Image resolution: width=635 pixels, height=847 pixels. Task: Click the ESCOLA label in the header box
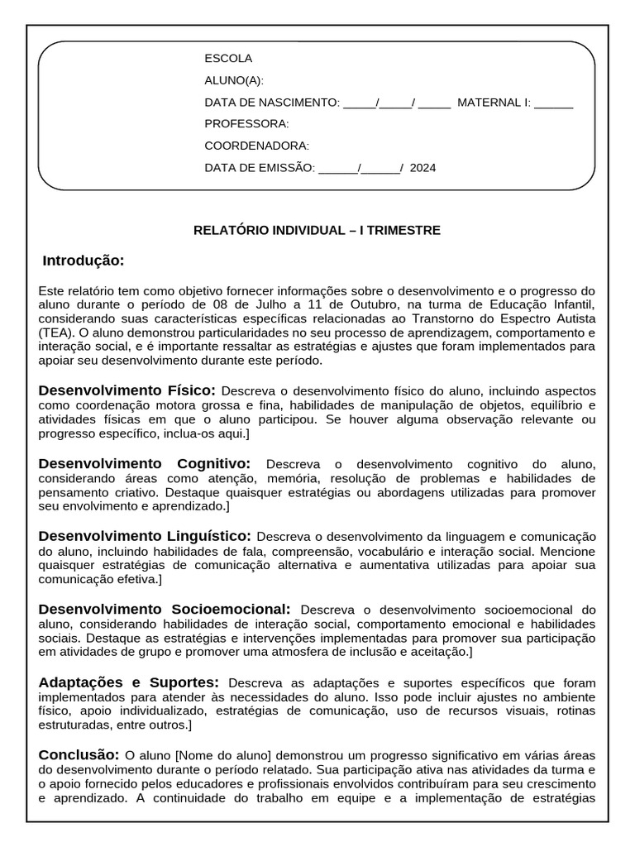[228, 59]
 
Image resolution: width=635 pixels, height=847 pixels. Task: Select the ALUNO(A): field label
[234, 80]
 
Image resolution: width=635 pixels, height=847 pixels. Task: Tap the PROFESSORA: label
[246, 124]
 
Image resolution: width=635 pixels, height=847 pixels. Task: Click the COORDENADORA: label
[256, 146]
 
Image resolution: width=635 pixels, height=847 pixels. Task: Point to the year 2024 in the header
[423, 167]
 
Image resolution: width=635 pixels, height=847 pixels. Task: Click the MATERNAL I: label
[494, 103]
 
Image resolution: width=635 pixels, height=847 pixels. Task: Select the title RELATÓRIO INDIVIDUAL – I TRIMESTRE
[317, 230]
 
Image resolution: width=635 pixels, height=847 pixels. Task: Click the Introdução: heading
[84, 261]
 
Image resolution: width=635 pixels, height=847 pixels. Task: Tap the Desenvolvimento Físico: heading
[127, 390]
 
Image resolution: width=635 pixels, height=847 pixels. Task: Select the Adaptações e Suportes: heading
[128, 682]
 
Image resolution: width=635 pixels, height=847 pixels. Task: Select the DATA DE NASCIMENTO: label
[271, 103]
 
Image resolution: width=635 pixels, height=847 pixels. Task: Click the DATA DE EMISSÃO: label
[260, 167]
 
